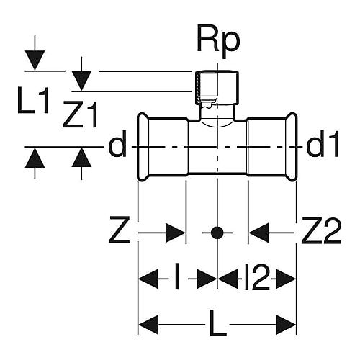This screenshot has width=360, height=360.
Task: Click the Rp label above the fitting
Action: pyautogui.click(x=218, y=41)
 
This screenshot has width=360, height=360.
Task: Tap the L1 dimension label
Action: pyautogui.click(x=33, y=100)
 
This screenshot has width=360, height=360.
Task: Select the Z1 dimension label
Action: pyautogui.click(x=81, y=114)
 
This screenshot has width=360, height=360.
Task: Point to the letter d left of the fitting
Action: pyautogui.click(x=117, y=144)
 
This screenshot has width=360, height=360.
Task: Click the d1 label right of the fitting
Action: pyautogui.click(x=323, y=144)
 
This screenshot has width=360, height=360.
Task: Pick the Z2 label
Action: pyautogui.click(x=321, y=230)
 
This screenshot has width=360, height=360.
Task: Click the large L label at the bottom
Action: pyautogui.click(x=217, y=323)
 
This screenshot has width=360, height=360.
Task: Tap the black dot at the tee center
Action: pyautogui.click(x=217, y=233)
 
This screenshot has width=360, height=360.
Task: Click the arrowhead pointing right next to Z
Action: pyautogui.click(x=176, y=233)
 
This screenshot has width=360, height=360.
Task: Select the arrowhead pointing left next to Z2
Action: pyautogui.click(x=258, y=233)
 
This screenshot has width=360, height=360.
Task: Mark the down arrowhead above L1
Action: pyautogui.click(x=35, y=60)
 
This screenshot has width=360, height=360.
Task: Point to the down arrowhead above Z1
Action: pyautogui.click(x=81, y=81)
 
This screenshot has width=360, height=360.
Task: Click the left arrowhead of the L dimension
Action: pyautogui.click(x=149, y=325)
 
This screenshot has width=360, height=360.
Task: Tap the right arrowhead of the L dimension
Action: pyautogui.click(x=286, y=325)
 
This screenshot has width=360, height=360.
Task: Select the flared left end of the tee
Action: pyautogui.click(x=143, y=146)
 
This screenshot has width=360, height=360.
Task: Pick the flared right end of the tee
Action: pyautogui.click(x=292, y=146)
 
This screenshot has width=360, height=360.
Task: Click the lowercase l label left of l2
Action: pyautogui.click(x=177, y=276)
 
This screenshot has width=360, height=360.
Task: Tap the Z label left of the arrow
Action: pyautogui.click(x=120, y=230)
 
